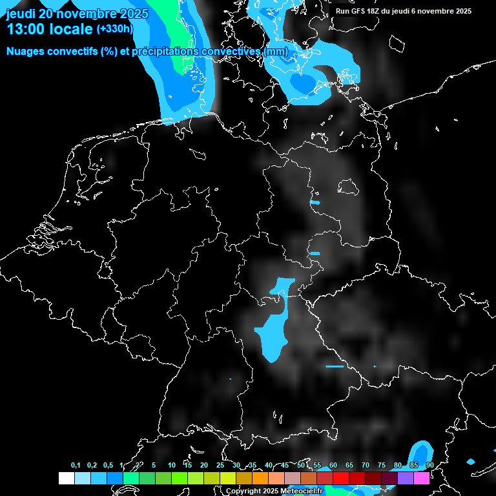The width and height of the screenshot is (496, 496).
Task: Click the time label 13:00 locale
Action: (49, 29)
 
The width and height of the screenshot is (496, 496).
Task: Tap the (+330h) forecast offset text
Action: (114, 29)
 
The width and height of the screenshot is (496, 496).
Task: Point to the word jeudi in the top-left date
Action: (21, 14)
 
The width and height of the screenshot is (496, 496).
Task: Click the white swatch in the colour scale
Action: (66, 479)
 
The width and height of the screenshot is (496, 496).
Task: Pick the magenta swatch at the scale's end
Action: (422, 479)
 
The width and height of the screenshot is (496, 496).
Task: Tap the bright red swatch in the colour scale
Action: (341, 479)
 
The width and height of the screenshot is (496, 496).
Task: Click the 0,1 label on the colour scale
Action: (76, 466)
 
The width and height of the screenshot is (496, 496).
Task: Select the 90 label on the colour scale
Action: (430, 466)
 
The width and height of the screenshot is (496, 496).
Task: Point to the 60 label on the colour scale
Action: (333, 466)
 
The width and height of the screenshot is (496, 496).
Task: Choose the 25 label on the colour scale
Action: (220, 466)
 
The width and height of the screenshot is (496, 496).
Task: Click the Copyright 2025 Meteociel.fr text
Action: (274, 491)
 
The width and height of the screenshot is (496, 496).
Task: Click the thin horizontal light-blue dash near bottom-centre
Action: (335, 367)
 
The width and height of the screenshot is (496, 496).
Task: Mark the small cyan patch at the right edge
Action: (471, 462)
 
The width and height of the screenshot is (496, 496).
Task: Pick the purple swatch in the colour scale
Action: (406, 479)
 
